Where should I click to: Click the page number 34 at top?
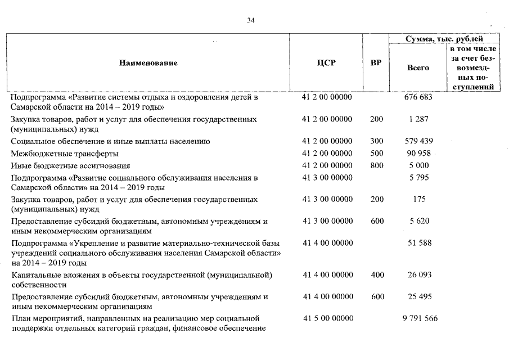pyautogui.click(x=251, y=21)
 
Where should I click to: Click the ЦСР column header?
pyautogui.click(x=326, y=63)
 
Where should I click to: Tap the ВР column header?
pyautogui.click(x=376, y=63)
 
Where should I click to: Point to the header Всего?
pyautogui.click(x=417, y=67)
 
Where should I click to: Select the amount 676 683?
pyautogui.click(x=418, y=97)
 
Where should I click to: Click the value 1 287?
pyautogui.click(x=418, y=119)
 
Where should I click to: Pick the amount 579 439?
pyautogui.click(x=418, y=141)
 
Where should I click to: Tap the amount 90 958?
pyautogui.click(x=418, y=154)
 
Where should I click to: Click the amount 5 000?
pyautogui.click(x=418, y=166)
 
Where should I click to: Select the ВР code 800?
pyautogui.click(x=377, y=166)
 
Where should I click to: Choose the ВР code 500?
pyautogui.click(x=377, y=154)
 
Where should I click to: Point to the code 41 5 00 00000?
pyautogui.click(x=327, y=319)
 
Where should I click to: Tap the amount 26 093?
pyautogui.click(x=418, y=275)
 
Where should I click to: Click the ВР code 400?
pyautogui.click(x=377, y=275)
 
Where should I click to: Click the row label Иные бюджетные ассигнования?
pyautogui.click(x=70, y=166)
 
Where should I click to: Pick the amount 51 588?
pyautogui.click(x=418, y=243)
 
